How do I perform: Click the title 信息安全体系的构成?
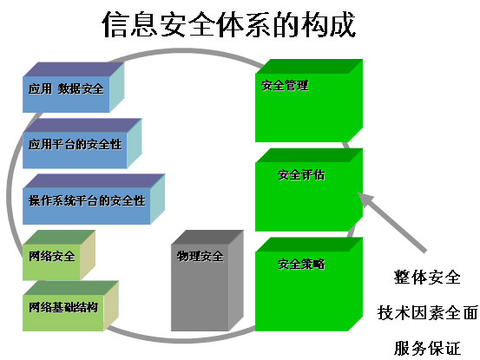click(229, 24)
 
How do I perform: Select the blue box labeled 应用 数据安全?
click(74, 88)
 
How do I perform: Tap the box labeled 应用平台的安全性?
click(82, 143)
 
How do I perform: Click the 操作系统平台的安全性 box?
click(94, 200)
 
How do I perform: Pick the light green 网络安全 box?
click(59, 255)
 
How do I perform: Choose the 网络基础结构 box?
click(70, 306)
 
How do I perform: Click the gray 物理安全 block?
click(207, 280)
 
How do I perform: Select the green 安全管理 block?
click(309, 101)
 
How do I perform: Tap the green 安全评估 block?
click(309, 190)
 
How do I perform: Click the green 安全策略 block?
click(309, 285)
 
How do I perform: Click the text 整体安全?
click(427, 277)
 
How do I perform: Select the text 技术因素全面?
click(428, 312)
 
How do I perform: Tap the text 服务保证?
click(427, 348)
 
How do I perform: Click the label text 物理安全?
click(200, 256)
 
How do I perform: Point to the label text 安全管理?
click(285, 85)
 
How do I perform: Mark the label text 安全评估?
click(301, 175)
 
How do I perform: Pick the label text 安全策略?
click(301, 264)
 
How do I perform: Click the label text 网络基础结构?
click(63, 307)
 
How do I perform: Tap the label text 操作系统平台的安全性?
click(87, 200)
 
